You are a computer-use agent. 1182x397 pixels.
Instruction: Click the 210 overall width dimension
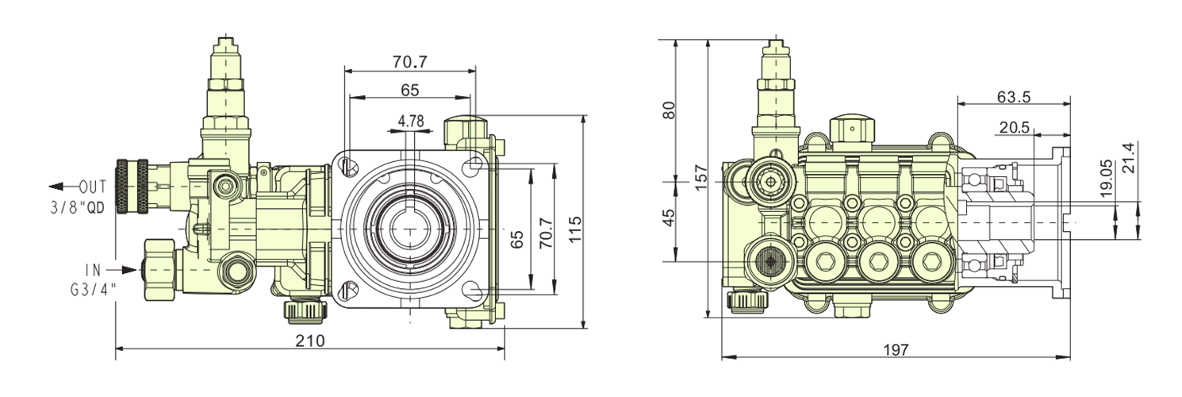click(x=309, y=341)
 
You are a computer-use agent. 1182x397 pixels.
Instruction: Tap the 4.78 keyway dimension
click(x=411, y=121)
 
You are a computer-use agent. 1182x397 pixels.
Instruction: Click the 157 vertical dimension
click(x=699, y=175)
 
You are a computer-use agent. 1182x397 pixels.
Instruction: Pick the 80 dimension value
click(x=669, y=110)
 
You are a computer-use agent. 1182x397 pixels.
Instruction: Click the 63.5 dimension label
click(x=1014, y=97)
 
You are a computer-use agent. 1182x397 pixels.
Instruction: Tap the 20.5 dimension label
click(x=1014, y=127)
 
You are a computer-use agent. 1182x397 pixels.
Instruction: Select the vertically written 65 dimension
click(x=516, y=237)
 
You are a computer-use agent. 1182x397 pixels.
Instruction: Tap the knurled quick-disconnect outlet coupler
click(x=132, y=187)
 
